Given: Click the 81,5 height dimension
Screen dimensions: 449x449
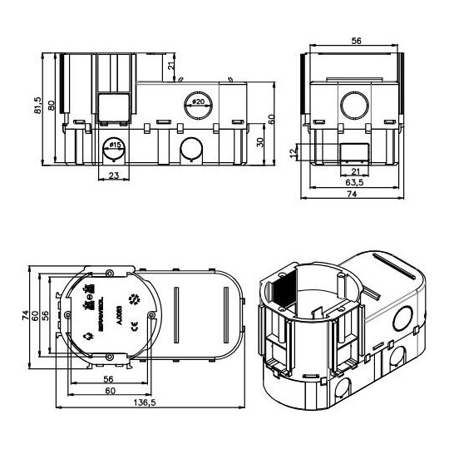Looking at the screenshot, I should tap(38, 106).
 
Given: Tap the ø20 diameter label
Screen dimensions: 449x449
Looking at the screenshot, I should tap(199, 101).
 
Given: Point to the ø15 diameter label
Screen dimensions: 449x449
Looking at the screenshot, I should tap(115, 146).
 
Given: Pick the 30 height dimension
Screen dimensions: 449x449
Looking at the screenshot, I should tap(259, 143).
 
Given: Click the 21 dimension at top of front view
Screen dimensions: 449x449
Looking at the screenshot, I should tap(170, 67).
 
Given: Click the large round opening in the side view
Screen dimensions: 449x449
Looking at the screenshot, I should tap(355, 106).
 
